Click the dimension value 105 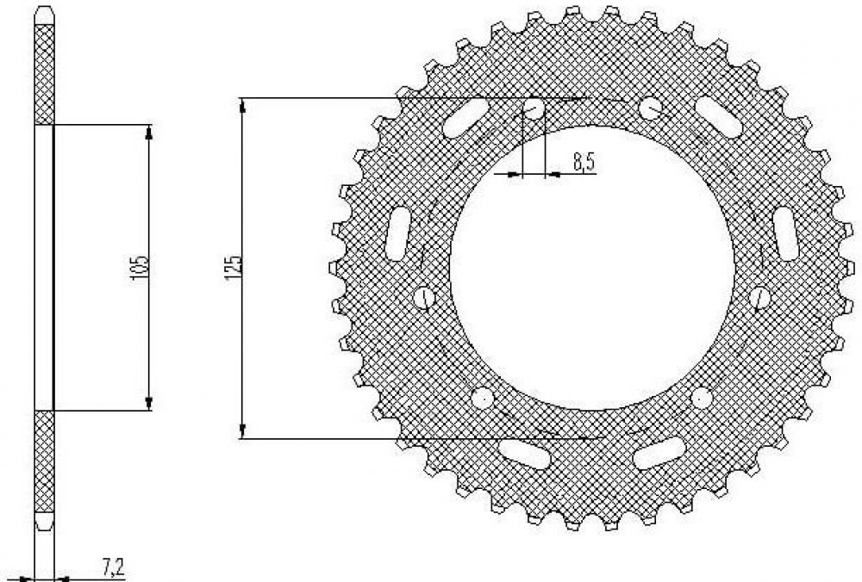click(141, 268)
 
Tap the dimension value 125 click(233, 268)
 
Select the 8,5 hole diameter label click(584, 163)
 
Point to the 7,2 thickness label click(113, 567)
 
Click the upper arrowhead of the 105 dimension click(149, 133)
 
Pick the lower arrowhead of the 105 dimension click(149, 403)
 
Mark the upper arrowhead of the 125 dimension click(242, 106)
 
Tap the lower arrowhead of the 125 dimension click(242, 431)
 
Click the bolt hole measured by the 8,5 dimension click(534, 108)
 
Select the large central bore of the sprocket click(592, 268)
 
